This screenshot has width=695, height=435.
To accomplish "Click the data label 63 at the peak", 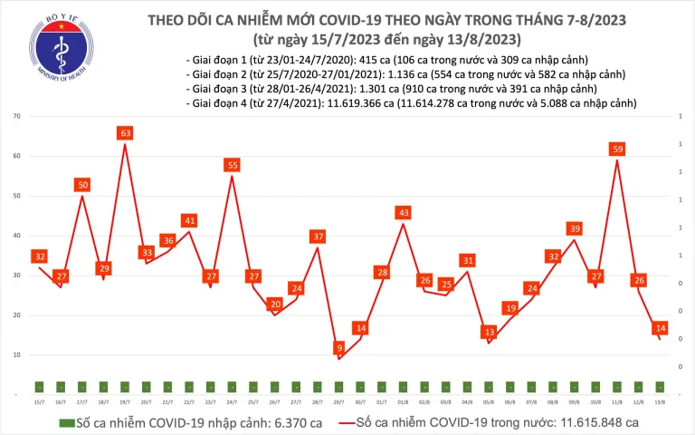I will click(126, 133).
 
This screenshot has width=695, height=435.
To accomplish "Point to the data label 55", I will click(233, 165).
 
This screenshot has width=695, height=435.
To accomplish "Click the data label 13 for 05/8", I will click(490, 332).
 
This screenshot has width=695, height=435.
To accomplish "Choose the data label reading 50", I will click(82, 185).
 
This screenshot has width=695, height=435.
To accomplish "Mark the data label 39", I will click(575, 228).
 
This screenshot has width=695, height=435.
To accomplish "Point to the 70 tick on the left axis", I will click(17, 117).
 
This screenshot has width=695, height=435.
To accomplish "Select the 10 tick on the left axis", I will click(17, 355).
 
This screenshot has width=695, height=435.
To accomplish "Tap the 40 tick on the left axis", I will click(17, 236).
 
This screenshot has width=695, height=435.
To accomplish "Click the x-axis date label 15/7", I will click(39, 401).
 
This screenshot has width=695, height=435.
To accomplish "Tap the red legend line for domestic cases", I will click(341, 423).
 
